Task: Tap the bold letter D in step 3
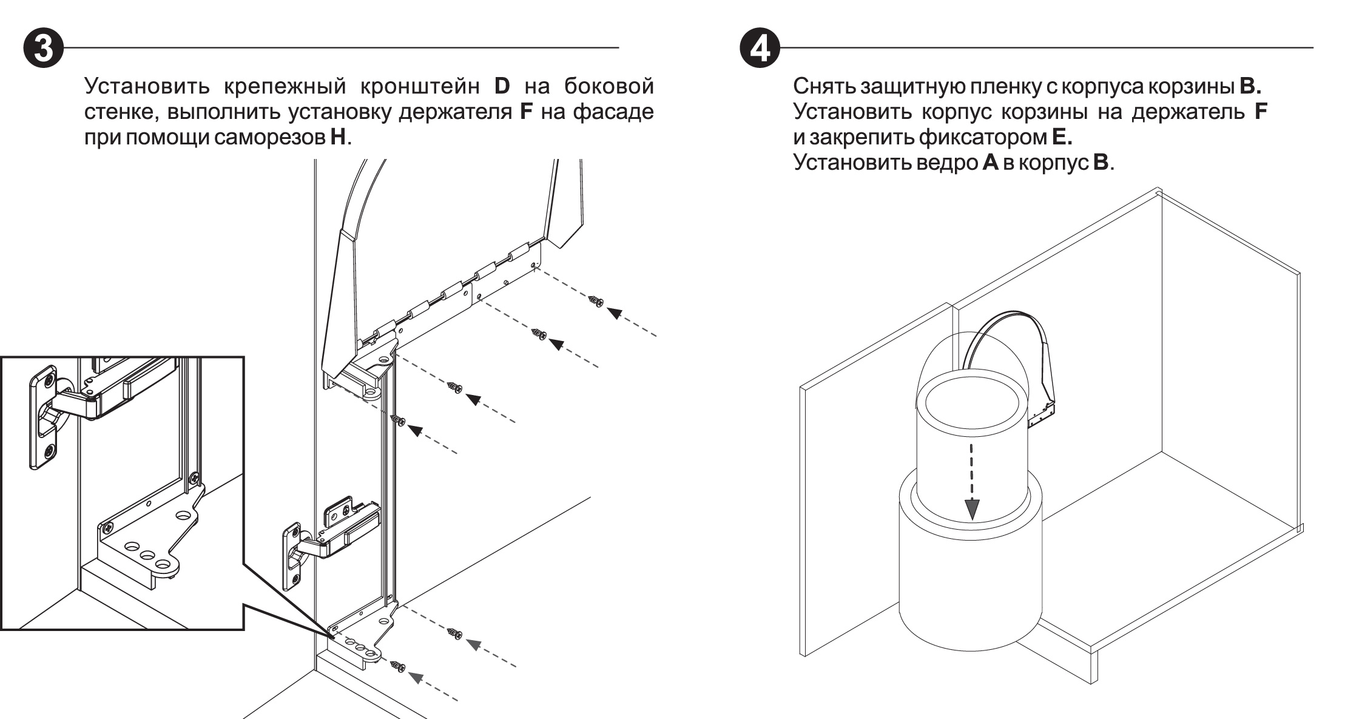pos(503,86)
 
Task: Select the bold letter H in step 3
pos(337,138)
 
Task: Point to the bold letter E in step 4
pos(1062,138)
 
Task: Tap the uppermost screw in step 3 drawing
pos(596,300)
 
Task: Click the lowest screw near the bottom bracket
pos(398,666)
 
